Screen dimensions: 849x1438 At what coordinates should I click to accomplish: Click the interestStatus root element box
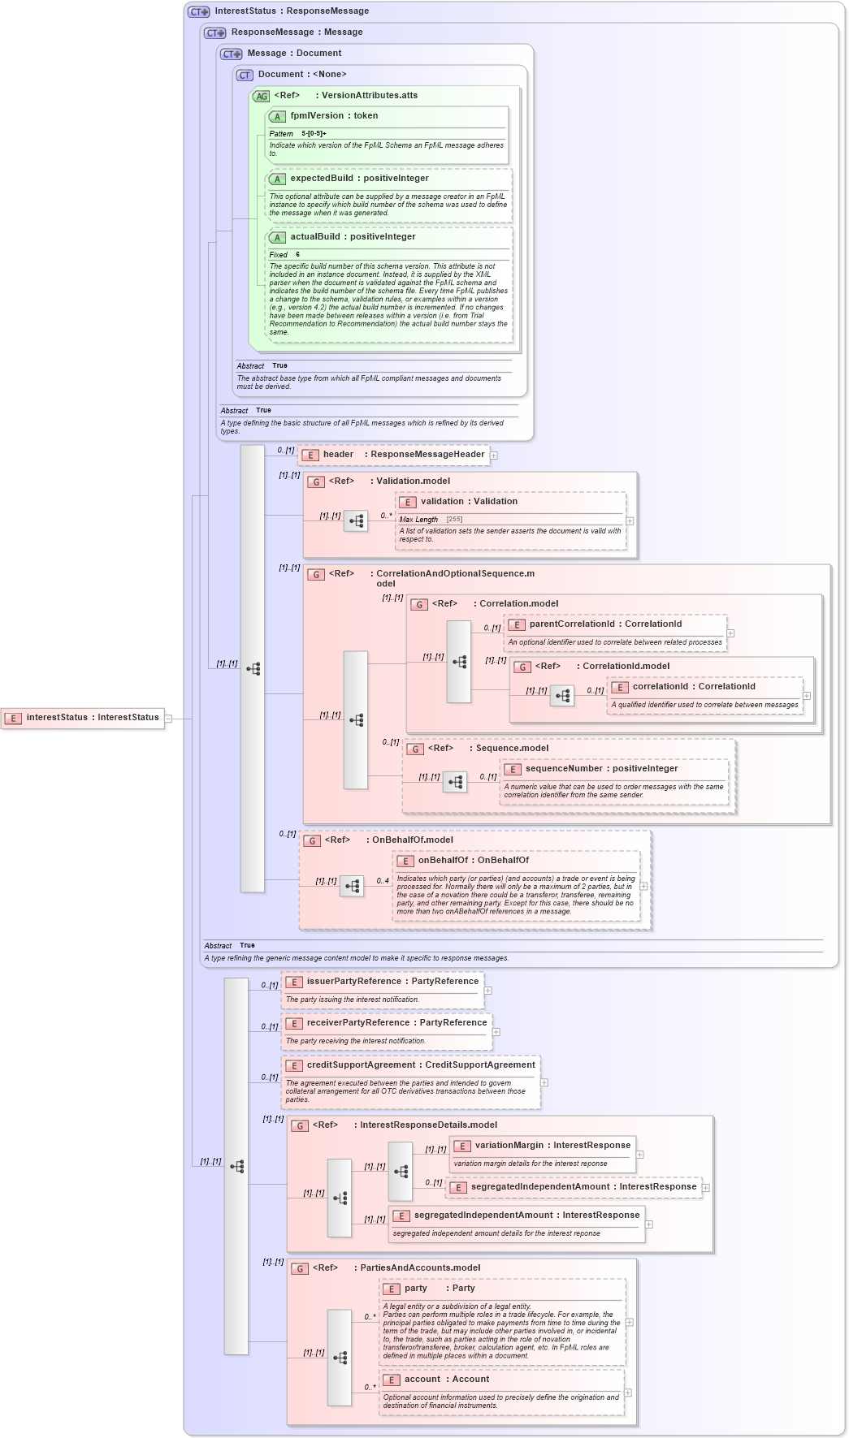[83, 718]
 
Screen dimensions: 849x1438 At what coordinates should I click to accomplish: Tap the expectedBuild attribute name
[321, 179]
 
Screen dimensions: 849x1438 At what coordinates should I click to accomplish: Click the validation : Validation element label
[469, 502]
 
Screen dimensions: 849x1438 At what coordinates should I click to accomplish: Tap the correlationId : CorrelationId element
[694, 687]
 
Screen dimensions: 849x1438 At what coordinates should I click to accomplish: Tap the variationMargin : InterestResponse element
[552, 1146]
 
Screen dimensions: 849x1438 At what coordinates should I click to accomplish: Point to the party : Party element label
[439, 1289]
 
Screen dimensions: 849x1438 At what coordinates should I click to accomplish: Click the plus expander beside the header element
[493, 456]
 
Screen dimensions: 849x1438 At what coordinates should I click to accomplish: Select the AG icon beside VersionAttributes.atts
[261, 97]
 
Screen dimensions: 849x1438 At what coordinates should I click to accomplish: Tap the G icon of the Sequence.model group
[415, 749]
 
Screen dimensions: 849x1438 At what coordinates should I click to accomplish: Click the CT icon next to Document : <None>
[245, 76]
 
